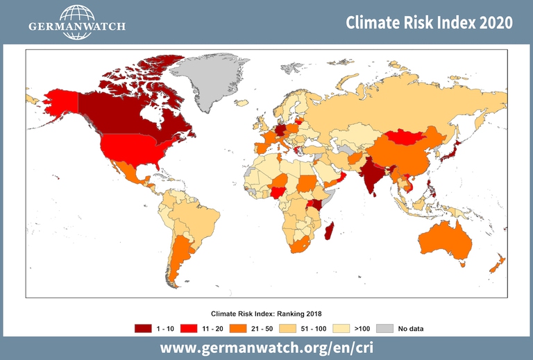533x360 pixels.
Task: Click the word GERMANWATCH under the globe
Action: [x=76, y=27]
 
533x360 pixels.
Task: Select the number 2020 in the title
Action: [x=494, y=22]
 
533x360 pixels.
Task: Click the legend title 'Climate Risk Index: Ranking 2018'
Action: [x=266, y=314]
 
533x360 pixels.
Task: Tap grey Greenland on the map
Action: [x=205, y=80]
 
